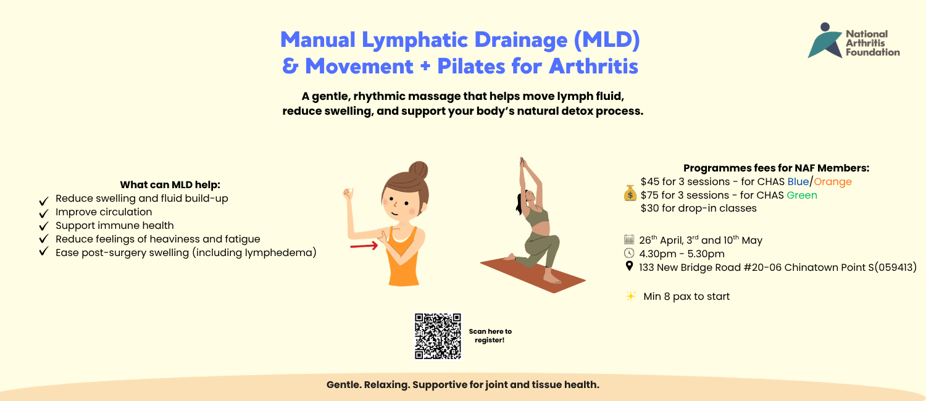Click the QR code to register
[x=438, y=336]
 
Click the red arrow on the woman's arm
[x=364, y=246]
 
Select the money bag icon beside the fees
[x=630, y=193]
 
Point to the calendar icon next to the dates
[x=629, y=239]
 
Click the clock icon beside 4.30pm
[x=629, y=253]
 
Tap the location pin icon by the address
[x=629, y=266]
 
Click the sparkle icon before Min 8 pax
[x=631, y=296]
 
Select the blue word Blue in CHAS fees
[x=798, y=182]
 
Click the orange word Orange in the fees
[x=833, y=182]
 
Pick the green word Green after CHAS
[x=801, y=196]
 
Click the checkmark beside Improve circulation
[x=44, y=213]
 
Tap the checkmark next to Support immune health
[x=44, y=226]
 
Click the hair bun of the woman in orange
[x=419, y=170]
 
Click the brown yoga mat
[x=533, y=274]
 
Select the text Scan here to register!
[x=490, y=336]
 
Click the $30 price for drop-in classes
[x=649, y=208]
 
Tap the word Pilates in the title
[x=471, y=66]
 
